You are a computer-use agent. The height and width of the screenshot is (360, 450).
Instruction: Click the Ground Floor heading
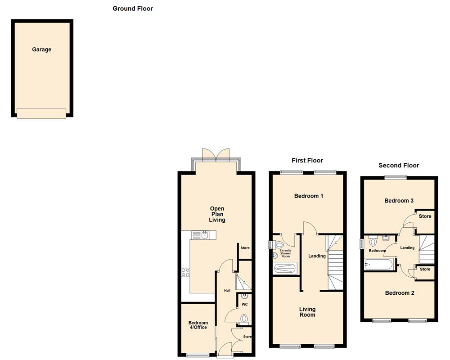(x=132, y=9)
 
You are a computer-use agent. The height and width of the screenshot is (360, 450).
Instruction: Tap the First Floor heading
(x=307, y=160)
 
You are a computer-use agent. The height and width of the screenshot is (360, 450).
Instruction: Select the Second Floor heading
(x=398, y=165)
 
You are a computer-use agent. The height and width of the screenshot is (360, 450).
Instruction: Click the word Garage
(x=41, y=49)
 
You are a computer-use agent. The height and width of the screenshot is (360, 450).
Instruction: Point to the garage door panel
(x=41, y=113)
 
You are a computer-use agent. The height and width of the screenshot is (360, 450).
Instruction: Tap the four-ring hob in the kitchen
(x=185, y=272)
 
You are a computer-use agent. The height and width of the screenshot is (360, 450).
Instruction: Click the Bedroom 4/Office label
(x=198, y=325)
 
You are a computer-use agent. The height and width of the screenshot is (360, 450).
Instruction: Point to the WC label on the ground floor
(x=244, y=304)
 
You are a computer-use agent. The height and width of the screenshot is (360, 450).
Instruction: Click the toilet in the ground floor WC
(x=244, y=319)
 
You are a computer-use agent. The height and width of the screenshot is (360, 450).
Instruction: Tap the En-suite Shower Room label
(x=286, y=253)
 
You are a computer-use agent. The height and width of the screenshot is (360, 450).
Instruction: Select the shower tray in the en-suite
(x=285, y=268)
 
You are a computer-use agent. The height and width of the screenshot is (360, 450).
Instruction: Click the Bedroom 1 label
(x=308, y=196)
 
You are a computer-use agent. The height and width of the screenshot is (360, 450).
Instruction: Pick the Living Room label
(x=307, y=312)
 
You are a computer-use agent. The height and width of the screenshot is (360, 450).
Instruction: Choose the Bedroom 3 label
(x=399, y=201)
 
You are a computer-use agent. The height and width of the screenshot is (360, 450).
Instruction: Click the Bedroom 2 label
(x=400, y=293)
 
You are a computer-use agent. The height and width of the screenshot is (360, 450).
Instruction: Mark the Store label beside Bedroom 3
(x=425, y=216)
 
